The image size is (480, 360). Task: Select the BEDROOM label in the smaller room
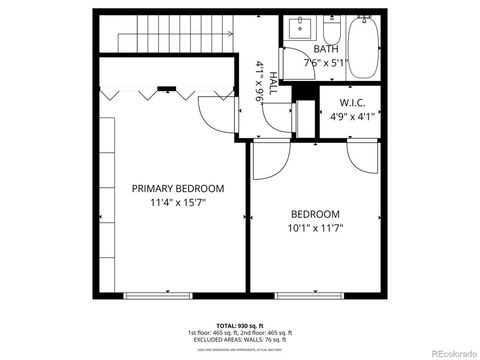[x=315, y=214]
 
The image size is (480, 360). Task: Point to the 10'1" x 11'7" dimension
[x=315, y=227]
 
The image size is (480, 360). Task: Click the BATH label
[x=326, y=49]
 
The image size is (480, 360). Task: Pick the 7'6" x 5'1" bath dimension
[x=326, y=62]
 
